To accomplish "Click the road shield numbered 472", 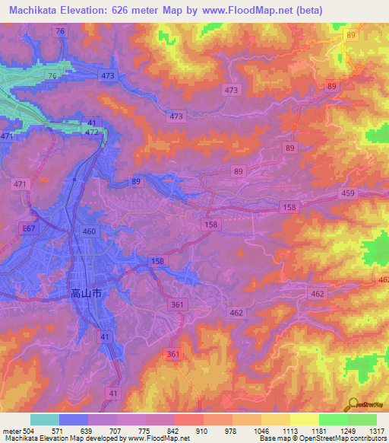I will [92, 132].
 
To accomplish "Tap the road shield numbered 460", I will [90, 231].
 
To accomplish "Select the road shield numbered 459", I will [348, 193].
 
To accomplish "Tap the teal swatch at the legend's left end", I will [44, 419].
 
